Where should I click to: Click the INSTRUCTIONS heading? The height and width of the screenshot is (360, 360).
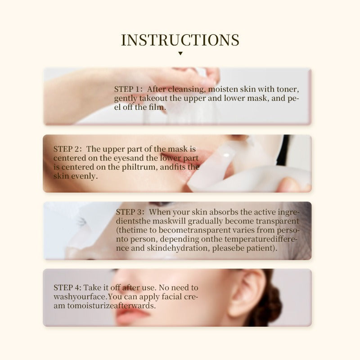pyautogui.click(x=180, y=40)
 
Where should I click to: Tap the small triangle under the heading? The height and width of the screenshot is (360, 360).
pyautogui.click(x=180, y=54)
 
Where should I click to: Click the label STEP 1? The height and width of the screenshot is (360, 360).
pyautogui.click(x=128, y=89)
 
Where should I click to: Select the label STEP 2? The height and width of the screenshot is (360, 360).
pyautogui.click(x=67, y=149)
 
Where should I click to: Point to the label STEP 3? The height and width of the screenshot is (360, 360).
pyautogui.click(x=130, y=212)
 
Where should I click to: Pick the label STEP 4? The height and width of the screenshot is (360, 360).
pyautogui.click(x=67, y=288)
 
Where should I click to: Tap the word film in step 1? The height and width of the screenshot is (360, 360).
pyautogui.click(x=157, y=107)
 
